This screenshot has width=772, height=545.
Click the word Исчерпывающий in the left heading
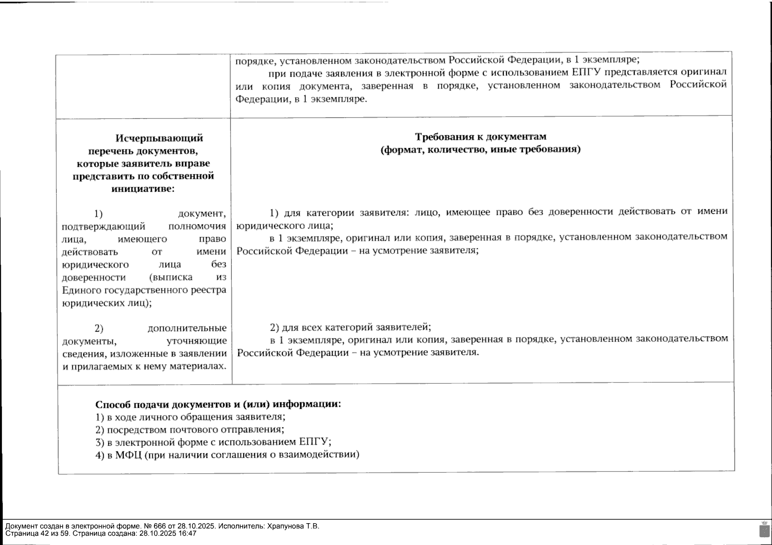159,138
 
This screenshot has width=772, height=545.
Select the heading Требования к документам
481,137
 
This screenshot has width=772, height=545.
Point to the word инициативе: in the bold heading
143,189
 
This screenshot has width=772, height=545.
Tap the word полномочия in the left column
197,226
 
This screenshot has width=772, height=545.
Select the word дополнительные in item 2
187,328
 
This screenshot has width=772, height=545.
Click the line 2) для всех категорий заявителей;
350,327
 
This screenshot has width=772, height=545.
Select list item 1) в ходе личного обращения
190,416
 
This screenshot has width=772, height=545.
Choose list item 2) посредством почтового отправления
190,429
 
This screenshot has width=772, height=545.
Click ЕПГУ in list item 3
314,442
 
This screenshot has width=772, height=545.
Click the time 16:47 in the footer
188,534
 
